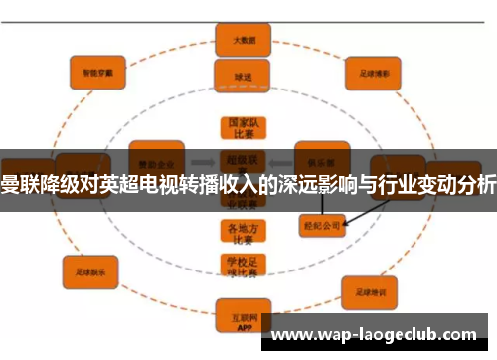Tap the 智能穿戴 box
[x=96, y=71]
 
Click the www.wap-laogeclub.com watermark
[x=379, y=334]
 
